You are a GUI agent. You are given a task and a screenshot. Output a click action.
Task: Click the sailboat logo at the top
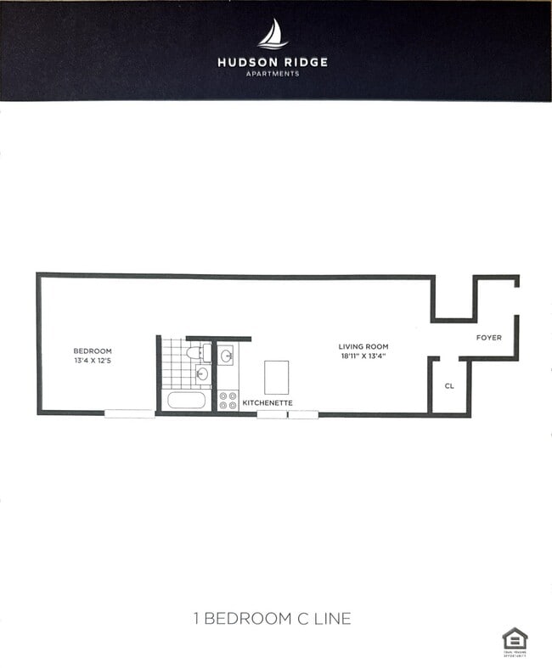[x=273, y=34]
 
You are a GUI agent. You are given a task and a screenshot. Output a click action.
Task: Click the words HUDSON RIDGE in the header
[x=272, y=62]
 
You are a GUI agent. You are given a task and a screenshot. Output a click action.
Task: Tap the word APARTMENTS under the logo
[x=272, y=74]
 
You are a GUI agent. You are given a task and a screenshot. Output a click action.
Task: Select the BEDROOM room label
[x=92, y=351]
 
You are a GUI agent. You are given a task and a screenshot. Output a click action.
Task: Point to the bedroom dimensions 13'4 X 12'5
[x=92, y=362]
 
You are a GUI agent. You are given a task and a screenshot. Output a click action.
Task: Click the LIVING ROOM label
[x=363, y=346]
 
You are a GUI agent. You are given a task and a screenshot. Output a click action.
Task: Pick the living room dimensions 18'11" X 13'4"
[x=363, y=356]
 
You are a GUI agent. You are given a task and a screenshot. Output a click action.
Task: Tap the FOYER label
[x=488, y=338]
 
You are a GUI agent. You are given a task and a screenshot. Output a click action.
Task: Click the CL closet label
[x=449, y=386]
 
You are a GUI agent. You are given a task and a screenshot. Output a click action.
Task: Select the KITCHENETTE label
[x=268, y=402]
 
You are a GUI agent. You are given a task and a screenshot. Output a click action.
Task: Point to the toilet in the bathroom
[x=200, y=352]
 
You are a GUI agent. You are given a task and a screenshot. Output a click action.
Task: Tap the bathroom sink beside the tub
[x=202, y=373]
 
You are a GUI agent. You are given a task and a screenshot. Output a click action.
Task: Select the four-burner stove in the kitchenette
[x=228, y=401]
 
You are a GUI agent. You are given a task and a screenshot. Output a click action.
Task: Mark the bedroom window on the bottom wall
[x=130, y=414]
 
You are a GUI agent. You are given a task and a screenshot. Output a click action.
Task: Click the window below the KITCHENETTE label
[x=288, y=415]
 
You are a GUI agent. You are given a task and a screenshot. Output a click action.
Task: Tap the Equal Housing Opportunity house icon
[x=515, y=638]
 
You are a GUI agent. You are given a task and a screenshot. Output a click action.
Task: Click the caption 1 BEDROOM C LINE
[x=272, y=618]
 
